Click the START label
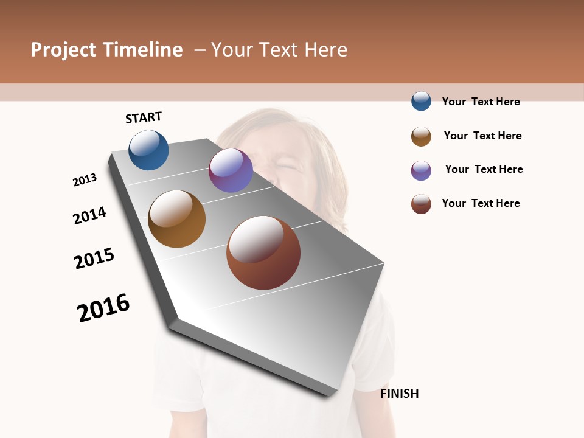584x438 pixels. click(144, 117)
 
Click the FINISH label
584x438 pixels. click(399, 394)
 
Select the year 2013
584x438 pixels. click(85, 180)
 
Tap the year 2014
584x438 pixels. click(89, 215)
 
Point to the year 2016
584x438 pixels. click(103, 308)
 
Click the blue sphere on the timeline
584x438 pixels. click(148, 150)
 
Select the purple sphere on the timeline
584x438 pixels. click(231, 170)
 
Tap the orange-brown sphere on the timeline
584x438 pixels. click(176, 219)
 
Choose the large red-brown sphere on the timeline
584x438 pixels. click(263, 252)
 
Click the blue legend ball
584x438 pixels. click(421, 101)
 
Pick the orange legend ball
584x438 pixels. click(421, 136)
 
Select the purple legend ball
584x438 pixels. click(421, 170)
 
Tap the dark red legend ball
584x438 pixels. click(421, 204)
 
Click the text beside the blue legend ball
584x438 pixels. click(481, 102)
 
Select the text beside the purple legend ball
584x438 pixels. click(484, 169)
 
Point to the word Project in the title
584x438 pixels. click(63, 50)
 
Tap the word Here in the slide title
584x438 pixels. click(325, 50)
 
